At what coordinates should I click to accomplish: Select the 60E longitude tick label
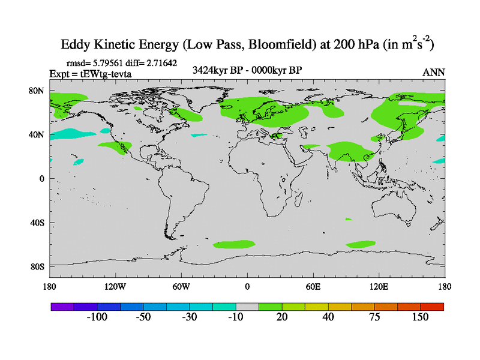click(313, 286)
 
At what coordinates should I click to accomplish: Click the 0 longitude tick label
click(247, 286)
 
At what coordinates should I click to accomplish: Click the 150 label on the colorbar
click(420, 317)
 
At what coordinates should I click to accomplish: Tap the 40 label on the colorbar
click(328, 317)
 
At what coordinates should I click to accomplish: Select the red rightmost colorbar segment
click(433, 307)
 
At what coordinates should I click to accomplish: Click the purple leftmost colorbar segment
click(62, 307)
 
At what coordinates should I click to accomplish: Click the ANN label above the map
click(434, 72)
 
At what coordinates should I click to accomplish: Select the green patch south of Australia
click(361, 244)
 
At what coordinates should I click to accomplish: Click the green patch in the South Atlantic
click(234, 244)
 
